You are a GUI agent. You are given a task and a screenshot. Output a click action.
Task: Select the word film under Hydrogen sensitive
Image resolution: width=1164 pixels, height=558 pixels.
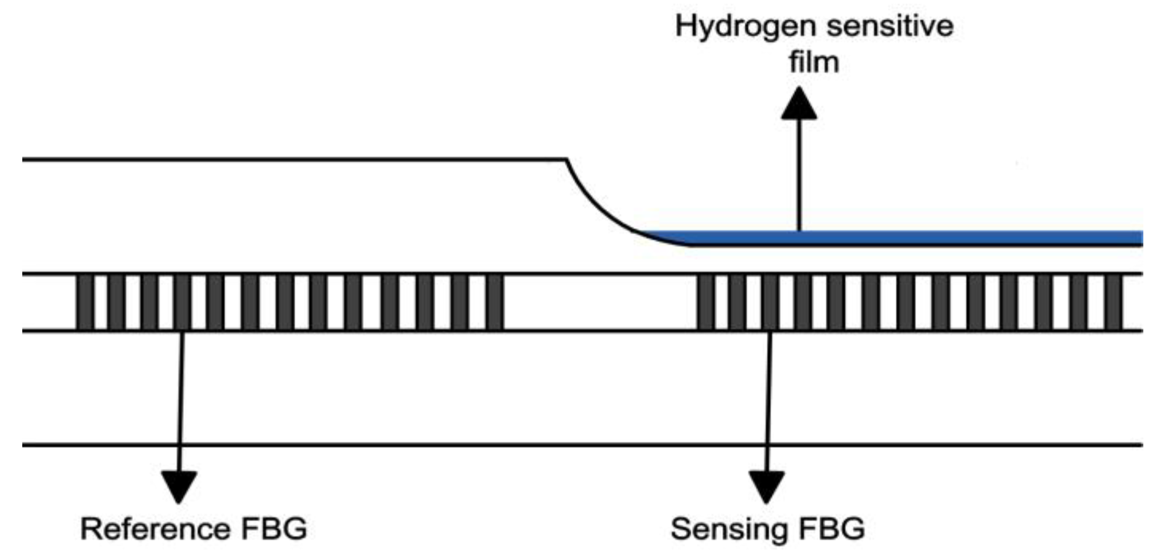(x=813, y=62)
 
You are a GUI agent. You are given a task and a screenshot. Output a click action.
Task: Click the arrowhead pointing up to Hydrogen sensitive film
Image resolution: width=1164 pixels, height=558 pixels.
(x=799, y=105)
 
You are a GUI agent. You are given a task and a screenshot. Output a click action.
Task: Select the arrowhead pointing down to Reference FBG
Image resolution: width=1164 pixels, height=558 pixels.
(x=179, y=485)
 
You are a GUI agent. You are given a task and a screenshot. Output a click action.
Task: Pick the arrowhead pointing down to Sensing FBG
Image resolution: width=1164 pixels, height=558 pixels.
(x=766, y=485)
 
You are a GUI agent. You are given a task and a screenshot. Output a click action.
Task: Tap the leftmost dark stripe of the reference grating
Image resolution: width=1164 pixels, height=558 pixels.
(x=85, y=302)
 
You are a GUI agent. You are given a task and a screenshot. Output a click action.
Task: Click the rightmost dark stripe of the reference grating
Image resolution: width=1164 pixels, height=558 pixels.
(x=494, y=302)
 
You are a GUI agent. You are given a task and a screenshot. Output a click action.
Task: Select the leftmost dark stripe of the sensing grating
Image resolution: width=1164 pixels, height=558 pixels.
(x=705, y=302)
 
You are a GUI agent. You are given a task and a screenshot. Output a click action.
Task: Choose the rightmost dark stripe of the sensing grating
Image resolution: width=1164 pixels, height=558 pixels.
(x=1114, y=302)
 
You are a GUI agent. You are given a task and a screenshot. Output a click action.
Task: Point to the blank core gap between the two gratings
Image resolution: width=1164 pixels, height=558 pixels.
(x=599, y=302)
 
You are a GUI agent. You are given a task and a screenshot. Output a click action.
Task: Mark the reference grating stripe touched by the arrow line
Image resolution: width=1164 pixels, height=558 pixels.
(x=182, y=302)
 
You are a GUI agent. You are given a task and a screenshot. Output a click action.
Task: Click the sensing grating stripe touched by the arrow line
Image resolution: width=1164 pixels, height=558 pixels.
(x=770, y=302)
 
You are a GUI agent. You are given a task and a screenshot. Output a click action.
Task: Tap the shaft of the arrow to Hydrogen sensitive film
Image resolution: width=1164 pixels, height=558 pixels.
(x=799, y=175)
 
